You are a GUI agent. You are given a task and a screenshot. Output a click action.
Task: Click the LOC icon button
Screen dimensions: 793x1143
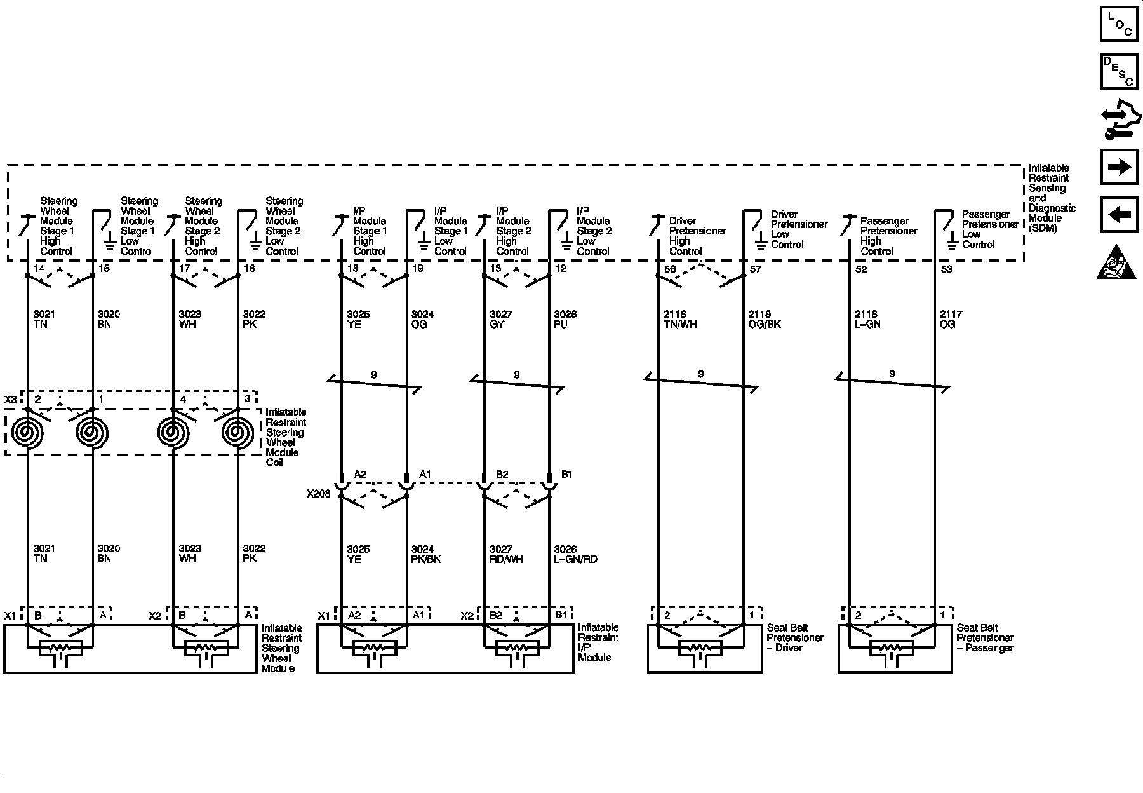coord(1119,24)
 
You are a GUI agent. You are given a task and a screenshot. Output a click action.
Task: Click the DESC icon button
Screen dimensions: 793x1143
coord(1119,71)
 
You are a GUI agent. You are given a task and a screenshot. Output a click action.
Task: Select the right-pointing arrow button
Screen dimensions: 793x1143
coord(1119,167)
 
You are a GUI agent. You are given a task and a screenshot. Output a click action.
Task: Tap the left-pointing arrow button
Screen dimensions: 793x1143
coord(1119,214)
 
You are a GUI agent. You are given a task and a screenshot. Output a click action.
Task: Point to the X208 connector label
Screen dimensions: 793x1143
coord(318,493)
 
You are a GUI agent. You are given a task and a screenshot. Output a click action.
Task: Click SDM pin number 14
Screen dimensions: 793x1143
coord(39,268)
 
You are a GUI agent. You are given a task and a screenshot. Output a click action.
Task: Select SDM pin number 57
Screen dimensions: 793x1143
coord(755,269)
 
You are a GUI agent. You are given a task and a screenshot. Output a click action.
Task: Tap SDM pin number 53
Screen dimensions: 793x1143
coord(946,269)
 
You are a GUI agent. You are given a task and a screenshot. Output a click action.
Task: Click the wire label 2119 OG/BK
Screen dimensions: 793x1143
coord(764,319)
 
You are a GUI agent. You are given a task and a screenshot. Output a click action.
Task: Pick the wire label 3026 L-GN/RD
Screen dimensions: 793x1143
coord(575,554)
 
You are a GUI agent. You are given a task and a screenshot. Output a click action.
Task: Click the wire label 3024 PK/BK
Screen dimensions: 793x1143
coord(425,554)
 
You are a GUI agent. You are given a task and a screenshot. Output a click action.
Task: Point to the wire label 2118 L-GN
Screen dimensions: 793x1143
coord(867,319)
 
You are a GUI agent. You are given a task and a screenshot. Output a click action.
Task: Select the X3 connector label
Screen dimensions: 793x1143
coord(11,400)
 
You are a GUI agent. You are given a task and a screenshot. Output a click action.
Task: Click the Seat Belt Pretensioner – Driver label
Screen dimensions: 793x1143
coord(794,637)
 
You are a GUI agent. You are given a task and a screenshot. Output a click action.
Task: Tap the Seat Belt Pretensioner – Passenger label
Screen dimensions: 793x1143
coord(985,637)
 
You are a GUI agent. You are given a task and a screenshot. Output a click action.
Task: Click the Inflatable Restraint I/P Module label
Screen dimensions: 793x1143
coord(598,642)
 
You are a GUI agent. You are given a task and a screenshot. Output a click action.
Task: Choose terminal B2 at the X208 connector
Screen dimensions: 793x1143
coord(502,474)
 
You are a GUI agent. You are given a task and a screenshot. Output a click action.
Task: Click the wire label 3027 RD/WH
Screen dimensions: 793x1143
coord(506,554)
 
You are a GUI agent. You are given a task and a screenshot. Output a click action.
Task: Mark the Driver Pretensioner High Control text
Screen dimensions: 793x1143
coord(697,236)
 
